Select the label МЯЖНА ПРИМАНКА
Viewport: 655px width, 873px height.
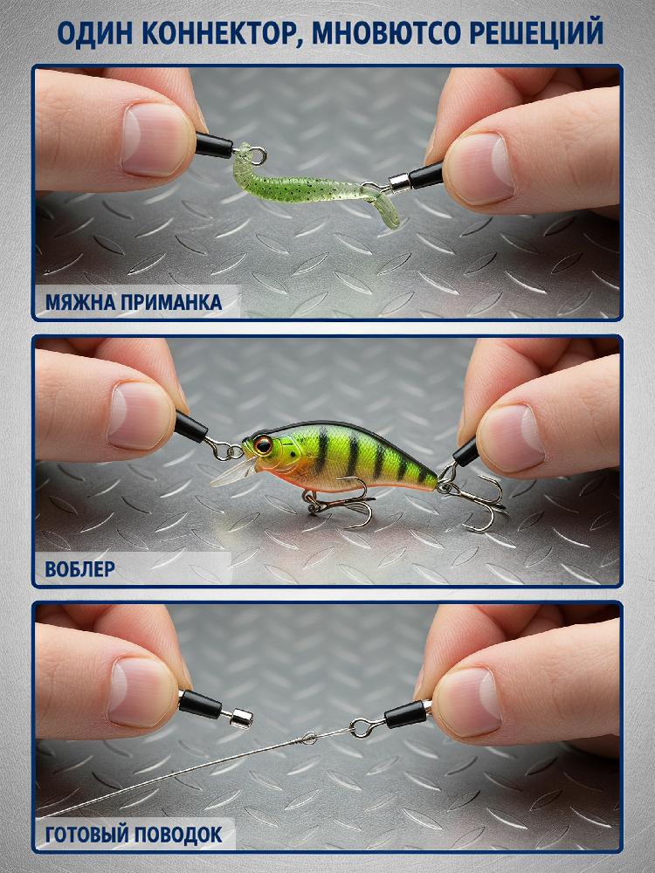(x=134, y=302)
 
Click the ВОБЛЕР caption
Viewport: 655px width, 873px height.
(x=80, y=569)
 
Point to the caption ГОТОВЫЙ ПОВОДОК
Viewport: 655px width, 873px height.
(x=134, y=835)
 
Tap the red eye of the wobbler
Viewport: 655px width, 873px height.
(x=263, y=444)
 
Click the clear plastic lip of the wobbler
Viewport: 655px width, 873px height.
(x=234, y=472)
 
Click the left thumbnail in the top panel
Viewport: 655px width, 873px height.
(x=157, y=139)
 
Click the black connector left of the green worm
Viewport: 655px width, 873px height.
(x=214, y=146)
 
